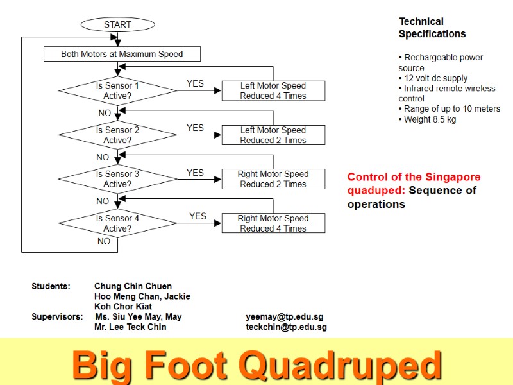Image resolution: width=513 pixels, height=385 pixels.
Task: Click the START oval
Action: pos(117,24)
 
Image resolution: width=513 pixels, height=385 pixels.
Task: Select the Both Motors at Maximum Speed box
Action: pos(122,54)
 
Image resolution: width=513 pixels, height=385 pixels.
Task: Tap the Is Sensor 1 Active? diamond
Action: pos(117,90)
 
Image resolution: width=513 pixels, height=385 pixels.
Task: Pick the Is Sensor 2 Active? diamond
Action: pos(117,135)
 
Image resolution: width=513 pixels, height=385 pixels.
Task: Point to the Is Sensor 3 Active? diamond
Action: pos(117,179)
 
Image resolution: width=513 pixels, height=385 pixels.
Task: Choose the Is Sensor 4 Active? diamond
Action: pos(117,223)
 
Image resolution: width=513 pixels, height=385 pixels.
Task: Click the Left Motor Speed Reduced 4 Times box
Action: pos(273,90)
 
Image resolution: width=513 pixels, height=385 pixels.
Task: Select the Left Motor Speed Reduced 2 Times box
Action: pos(273,135)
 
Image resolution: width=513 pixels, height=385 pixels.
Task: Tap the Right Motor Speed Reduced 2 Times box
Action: pos(273,179)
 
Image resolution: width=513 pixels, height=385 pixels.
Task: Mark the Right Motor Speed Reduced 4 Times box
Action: pos(273,223)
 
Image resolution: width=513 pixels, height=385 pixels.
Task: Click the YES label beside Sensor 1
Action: pos(195,83)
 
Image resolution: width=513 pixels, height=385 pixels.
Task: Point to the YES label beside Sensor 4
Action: pos(198,216)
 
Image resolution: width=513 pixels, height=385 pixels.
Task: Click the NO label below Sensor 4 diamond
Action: pos(104,241)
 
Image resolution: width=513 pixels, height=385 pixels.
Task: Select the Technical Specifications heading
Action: pos(432,28)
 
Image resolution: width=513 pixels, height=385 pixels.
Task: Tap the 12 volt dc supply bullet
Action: pos(433,78)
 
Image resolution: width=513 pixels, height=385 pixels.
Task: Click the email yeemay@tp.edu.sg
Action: pos(284,316)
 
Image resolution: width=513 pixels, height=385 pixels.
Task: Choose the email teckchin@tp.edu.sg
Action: pos(286,327)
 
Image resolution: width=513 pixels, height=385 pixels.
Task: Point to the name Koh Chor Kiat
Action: pos(123,307)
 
